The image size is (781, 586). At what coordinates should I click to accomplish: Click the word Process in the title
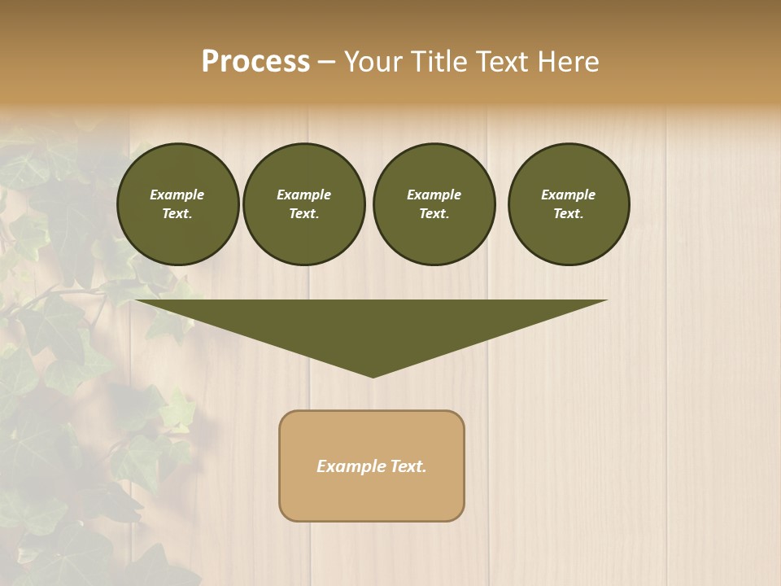coord(255,62)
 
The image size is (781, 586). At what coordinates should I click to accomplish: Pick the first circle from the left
coord(178,204)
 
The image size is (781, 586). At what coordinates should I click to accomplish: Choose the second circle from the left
coord(304,204)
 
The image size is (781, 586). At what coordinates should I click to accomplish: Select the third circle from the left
coord(434,204)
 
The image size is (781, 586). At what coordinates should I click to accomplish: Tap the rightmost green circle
coord(569,204)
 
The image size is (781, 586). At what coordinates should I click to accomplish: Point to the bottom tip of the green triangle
coord(373,375)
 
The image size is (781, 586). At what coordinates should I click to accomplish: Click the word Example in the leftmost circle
coord(177,195)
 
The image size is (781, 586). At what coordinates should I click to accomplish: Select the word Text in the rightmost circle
coord(568,214)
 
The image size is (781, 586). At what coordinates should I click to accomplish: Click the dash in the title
coord(327,62)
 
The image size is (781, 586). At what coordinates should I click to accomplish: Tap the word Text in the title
coord(500,62)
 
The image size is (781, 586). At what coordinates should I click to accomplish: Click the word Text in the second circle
coord(303,214)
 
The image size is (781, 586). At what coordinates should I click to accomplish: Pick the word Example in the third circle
coord(434,195)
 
